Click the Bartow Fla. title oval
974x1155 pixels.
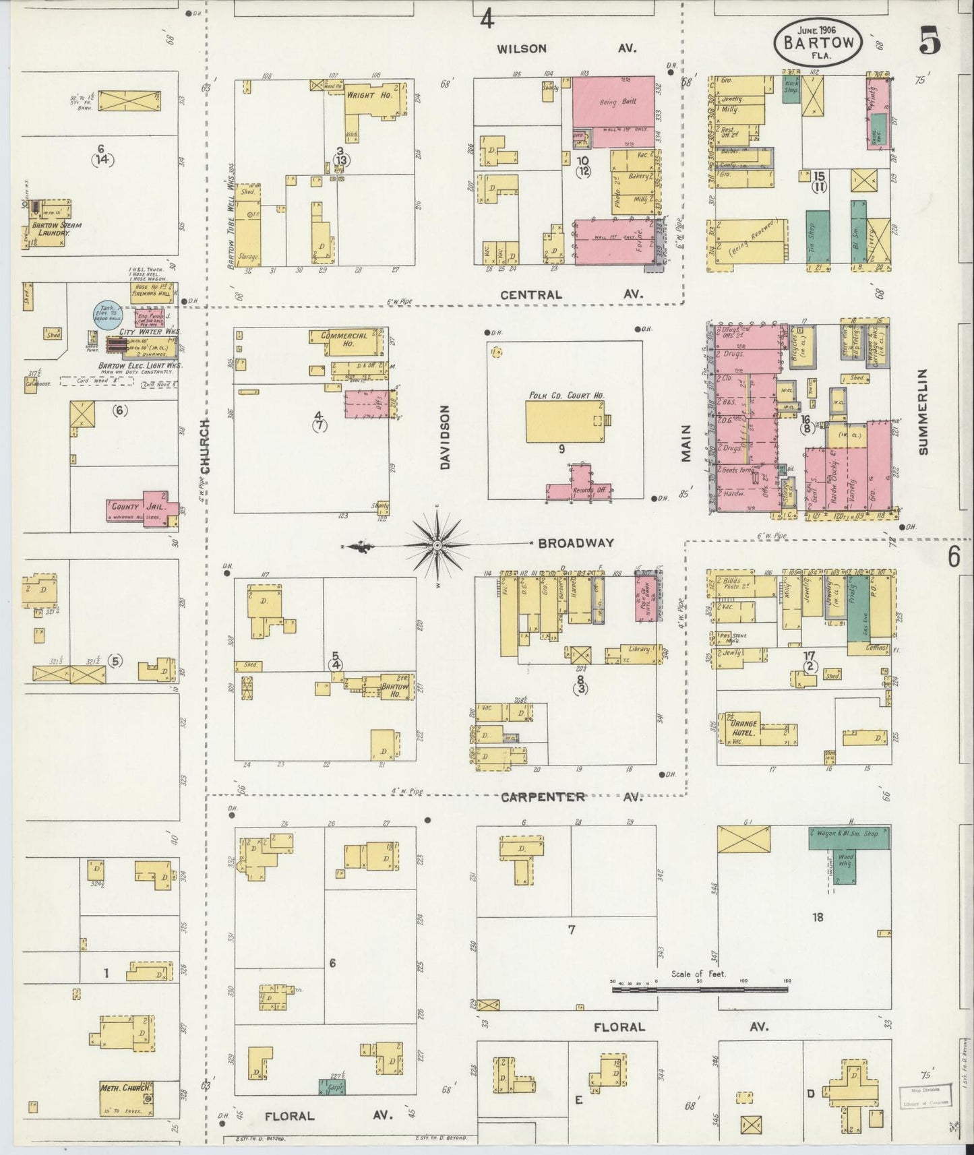818,42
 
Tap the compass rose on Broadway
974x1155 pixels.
437,544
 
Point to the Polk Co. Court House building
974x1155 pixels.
565,422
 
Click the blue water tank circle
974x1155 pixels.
106,314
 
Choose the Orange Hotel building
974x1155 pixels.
748,728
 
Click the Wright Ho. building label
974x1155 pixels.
361,95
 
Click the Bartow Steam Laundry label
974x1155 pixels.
56,228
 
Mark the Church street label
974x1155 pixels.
206,445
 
